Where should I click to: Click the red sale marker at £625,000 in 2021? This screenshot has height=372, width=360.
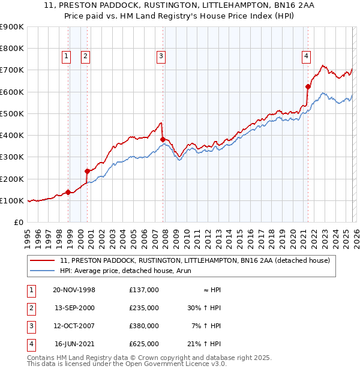coord(308,86)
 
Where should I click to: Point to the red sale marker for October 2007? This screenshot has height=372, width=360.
coord(163,139)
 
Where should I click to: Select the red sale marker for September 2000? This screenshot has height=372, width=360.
coord(88,171)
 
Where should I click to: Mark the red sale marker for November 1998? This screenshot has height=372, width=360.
coord(68,192)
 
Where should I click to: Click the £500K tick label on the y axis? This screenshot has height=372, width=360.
coord(11,113)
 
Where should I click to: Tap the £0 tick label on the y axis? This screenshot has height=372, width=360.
coord(17,222)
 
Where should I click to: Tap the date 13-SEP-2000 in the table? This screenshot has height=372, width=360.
coord(75,308)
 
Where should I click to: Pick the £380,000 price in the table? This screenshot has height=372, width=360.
coord(143,326)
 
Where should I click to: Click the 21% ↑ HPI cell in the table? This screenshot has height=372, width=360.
coord(204,344)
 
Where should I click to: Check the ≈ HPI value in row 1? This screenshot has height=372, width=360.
coord(212,290)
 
